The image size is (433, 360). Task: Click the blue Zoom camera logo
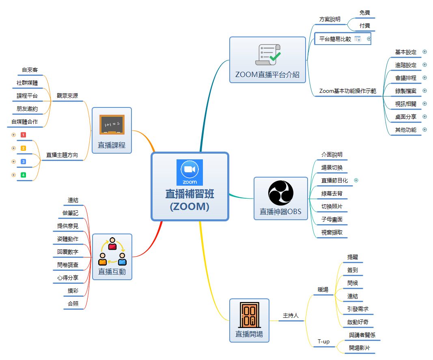(x=190, y=172)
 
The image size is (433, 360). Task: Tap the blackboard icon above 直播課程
(x=112, y=124)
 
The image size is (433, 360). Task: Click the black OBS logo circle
(x=280, y=193)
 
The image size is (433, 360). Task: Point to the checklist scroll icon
(x=267, y=54)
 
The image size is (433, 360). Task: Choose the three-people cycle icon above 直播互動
(x=112, y=251)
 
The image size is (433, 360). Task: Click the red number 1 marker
(x=23, y=135)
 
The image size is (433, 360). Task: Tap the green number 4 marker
(x=23, y=175)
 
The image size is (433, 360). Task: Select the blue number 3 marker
(x=23, y=162)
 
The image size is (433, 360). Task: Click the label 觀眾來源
(x=67, y=96)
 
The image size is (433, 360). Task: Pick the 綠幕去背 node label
(x=332, y=194)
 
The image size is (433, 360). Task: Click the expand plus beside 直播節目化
(x=356, y=180)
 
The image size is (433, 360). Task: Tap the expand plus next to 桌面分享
(x=425, y=117)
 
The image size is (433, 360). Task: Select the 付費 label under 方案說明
(x=365, y=26)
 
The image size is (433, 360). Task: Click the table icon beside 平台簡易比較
(x=358, y=39)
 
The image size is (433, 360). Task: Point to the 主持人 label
(x=291, y=315)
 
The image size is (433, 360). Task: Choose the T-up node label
(x=323, y=342)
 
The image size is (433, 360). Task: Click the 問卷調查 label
(x=68, y=265)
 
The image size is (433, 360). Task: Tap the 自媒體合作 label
(x=25, y=122)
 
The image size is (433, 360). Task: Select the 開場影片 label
(x=360, y=348)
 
